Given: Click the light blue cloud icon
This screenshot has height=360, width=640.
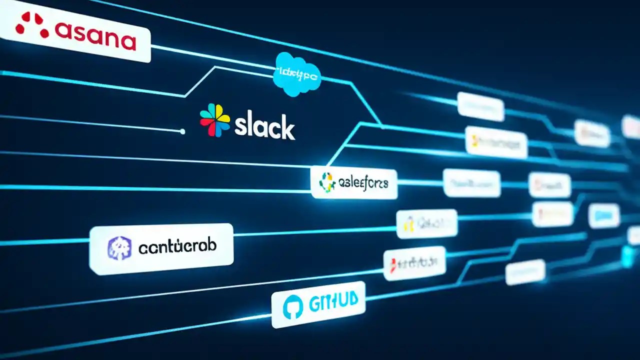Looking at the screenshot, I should [297, 74].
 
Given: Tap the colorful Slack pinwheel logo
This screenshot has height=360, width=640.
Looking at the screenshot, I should [215, 120].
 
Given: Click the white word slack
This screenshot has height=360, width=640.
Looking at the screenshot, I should [264, 128].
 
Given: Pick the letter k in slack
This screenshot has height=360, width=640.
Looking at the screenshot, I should [287, 128].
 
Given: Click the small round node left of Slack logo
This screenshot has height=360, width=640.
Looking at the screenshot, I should [182, 131].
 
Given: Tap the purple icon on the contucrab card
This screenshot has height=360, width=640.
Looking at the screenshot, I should [120, 248].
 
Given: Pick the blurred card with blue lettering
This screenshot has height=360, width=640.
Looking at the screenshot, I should [604, 216].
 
